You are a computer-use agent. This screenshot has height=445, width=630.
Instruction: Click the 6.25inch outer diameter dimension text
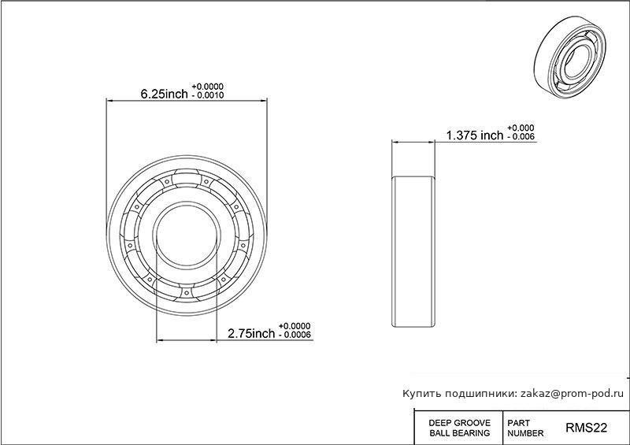164,94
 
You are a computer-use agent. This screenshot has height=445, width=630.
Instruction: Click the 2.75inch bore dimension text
251,333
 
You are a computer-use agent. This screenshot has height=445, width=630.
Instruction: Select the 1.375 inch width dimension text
475,135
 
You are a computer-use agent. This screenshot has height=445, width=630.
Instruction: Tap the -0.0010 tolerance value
207,95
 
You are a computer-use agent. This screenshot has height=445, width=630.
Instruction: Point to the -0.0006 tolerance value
295,335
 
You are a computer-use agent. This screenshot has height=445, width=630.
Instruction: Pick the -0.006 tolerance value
521,137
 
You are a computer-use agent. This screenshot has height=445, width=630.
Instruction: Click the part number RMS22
586,428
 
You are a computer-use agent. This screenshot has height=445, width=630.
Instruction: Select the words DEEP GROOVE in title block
460,423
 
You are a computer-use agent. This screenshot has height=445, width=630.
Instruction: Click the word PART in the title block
519,423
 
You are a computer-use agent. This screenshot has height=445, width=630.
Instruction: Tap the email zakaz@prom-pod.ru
573,394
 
